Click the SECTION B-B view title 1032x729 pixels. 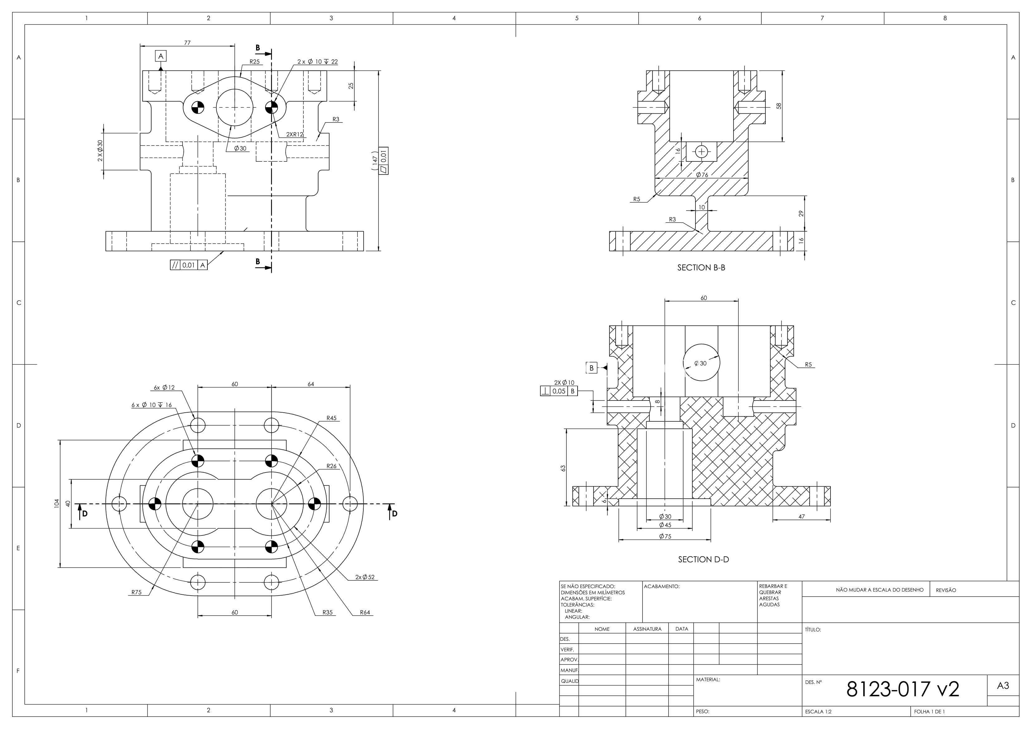pyautogui.click(x=701, y=268)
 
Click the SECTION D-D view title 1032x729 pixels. pyautogui.click(x=703, y=560)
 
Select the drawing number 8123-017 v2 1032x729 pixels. pyautogui.click(x=903, y=689)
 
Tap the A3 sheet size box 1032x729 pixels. pyautogui.click(x=1003, y=686)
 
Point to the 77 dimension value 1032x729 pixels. pyautogui.click(x=187, y=43)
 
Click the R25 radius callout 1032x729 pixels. pyautogui.click(x=254, y=61)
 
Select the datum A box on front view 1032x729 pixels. pyautogui.click(x=161, y=56)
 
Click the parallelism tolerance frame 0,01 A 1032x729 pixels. pyautogui.click(x=189, y=265)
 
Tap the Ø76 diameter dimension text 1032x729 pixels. pyautogui.click(x=702, y=175)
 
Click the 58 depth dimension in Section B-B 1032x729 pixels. pyautogui.click(x=779, y=106)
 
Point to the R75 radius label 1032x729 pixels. pyautogui.click(x=136, y=592)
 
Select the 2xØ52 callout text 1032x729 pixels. pyautogui.click(x=365, y=577)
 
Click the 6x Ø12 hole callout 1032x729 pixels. pyautogui.click(x=164, y=387)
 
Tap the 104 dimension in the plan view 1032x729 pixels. pyautogui.click(x=56, y=503)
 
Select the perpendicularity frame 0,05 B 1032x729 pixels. pyautogui.click(x=559, y=391)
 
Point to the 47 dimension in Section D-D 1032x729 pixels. pyautogui.click(x=802, y=516)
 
